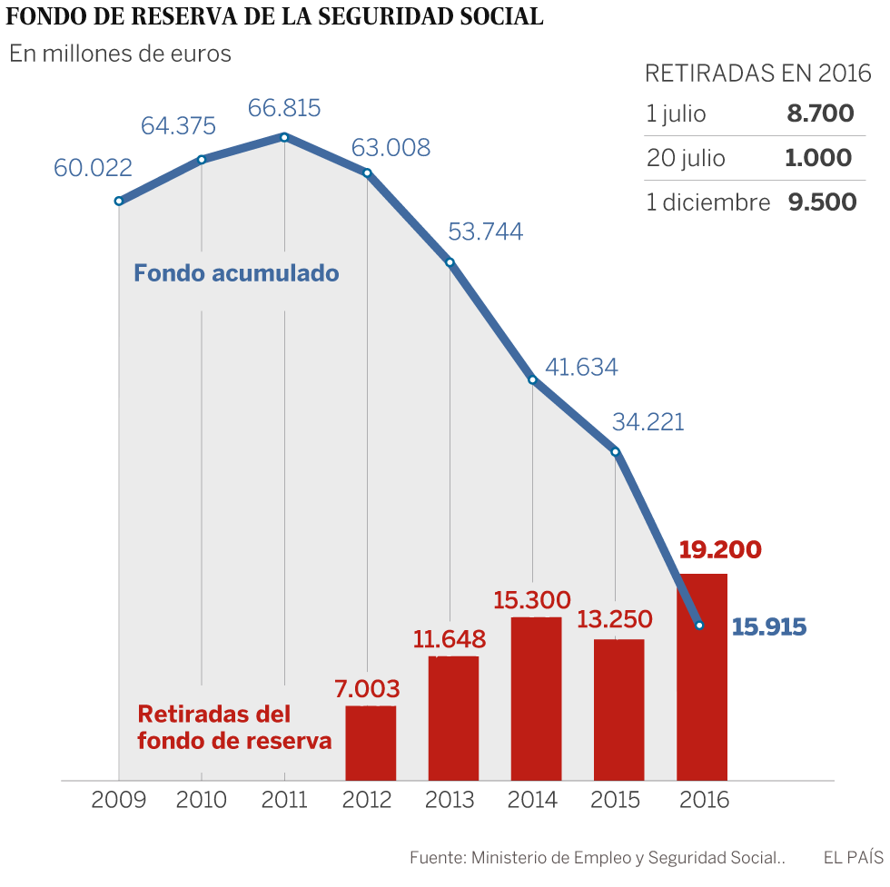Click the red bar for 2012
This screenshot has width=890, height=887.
click(371, 743)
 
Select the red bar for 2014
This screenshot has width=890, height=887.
click(536, 698)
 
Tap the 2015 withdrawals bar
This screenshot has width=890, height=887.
click(618, 709)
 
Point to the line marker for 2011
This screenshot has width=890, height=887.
click(284, 137)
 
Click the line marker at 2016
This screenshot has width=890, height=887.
click(698, 625)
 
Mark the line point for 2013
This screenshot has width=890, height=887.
click(450, 262)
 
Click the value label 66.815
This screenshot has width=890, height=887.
click(284, 108)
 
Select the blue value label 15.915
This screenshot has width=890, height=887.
click(769, 626)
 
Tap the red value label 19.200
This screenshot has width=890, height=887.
click(720, 550)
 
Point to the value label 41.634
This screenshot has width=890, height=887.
click(581, 367)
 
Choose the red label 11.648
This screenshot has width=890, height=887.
click(450, 638)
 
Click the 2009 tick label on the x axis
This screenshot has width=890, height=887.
click(119, 800)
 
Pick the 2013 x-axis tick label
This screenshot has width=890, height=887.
click(450, 800)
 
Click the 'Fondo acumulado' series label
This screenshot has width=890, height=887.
click(236, 272)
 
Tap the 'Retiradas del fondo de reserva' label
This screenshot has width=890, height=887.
click(234, 726)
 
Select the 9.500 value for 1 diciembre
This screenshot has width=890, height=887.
click(822, 202)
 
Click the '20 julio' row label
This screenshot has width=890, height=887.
click(686, 158)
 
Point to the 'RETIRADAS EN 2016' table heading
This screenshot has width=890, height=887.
click(757, 74)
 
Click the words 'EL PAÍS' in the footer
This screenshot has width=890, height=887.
click(853, 856)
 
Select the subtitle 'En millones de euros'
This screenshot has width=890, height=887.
click(120, 54)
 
